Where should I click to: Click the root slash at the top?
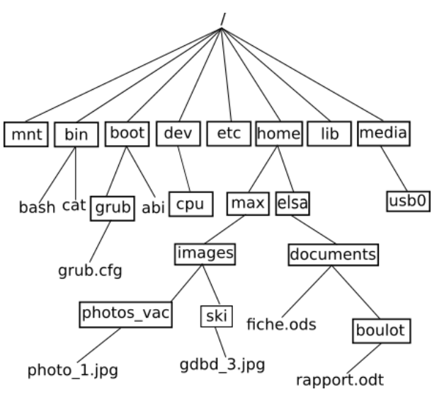coord(223,12)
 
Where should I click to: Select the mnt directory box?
coord(25,134)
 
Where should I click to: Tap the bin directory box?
coord(76,134)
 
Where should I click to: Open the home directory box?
coord(278,132)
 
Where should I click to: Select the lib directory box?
coord(329,133)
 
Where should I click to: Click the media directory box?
coord(383,132)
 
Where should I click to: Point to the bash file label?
coord(38,207)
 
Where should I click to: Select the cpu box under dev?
coord(190,204)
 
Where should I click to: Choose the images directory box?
coord(205,253)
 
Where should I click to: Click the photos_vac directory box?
coord(126,313)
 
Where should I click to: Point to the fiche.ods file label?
coord(281,325)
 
